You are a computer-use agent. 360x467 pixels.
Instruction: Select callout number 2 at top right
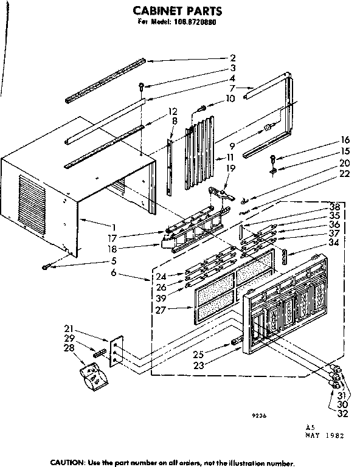coord(233,58)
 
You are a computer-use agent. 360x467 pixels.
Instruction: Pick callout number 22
coord(344,175)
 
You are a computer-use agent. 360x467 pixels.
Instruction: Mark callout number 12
coord(173,111)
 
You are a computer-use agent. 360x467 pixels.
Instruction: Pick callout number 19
coord(230,167)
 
